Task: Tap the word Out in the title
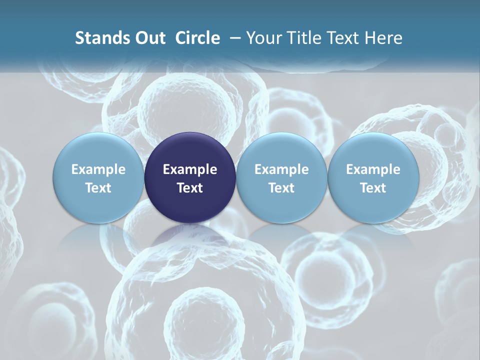(149, 38)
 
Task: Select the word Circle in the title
(197, 38)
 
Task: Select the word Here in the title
(382, 38)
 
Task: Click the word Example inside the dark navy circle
(190, 169)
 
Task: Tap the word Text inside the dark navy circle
(190, 188)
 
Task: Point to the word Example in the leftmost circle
(98, 169)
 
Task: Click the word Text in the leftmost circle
(98, 188)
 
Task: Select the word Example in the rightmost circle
(373, 169)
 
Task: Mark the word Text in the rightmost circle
(373, 188)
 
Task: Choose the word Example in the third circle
(281, 169)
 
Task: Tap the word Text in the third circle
(281, 188)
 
